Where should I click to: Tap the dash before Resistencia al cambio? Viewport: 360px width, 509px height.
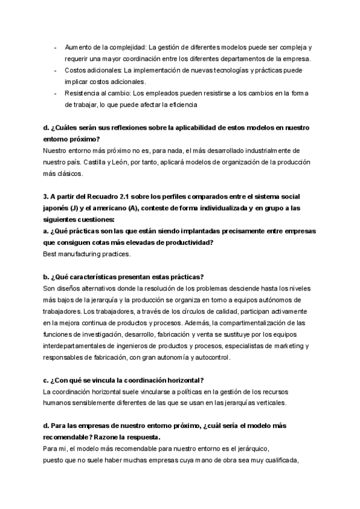point(56,93)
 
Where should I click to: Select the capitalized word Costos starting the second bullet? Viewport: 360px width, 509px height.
point(76,70)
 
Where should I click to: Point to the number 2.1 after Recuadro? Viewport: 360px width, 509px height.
point(124,197)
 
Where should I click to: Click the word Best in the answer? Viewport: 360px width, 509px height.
point(52,254)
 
